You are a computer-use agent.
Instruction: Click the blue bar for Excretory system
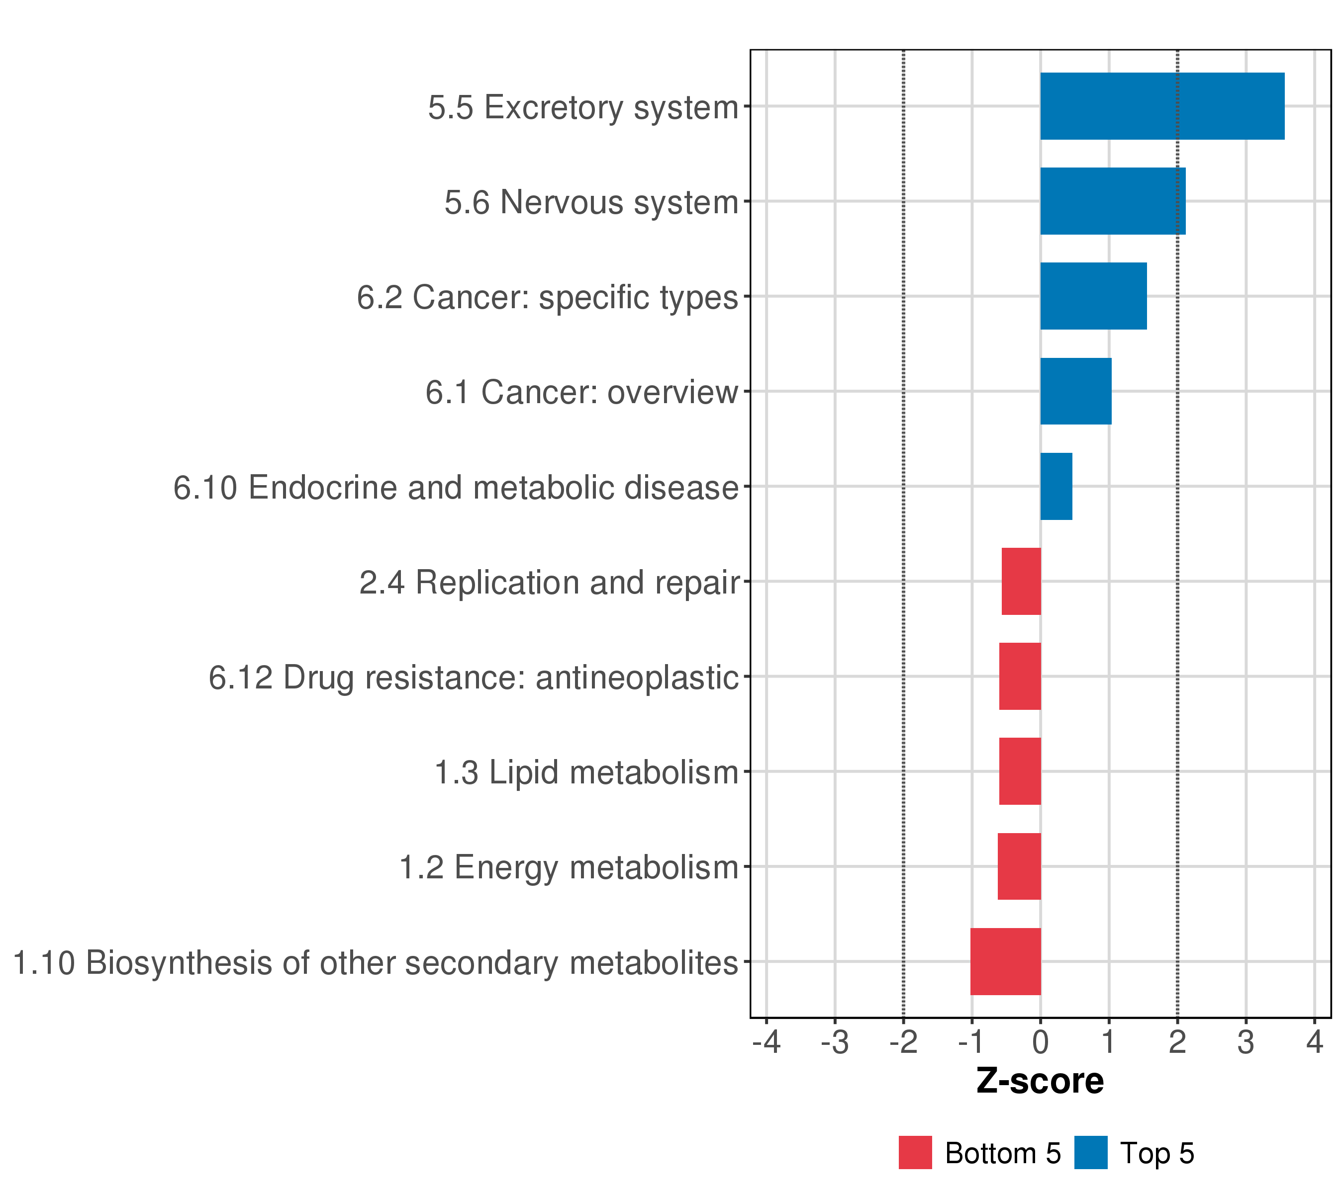coord(1161,106)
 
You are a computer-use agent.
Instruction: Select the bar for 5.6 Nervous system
coord(1112,201)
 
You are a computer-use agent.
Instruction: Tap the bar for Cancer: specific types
coord(1093,296)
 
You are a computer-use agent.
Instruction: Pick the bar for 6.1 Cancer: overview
coord(1075,391)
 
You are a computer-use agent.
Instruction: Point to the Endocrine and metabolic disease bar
coord(1056,487)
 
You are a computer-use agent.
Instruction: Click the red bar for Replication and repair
coord(1021,581)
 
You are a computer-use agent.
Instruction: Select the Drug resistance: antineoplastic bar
coord(1020,676)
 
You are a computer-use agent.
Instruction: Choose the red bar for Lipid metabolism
coord(1020,771)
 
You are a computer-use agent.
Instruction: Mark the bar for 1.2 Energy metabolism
coord(1019,867)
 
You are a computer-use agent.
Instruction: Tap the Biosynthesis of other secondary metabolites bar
coord(1005,961)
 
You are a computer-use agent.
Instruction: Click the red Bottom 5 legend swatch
coord(915,1152)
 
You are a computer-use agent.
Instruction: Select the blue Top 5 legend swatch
coord(1091,1152)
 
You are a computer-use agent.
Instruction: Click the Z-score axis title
coord(1040,1081)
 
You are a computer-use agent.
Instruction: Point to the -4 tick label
coord(766,1043)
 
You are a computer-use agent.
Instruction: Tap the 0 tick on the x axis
coord(1040,1043)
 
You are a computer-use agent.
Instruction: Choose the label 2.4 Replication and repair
coord(549,583)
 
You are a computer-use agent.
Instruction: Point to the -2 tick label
coord(903,1043)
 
